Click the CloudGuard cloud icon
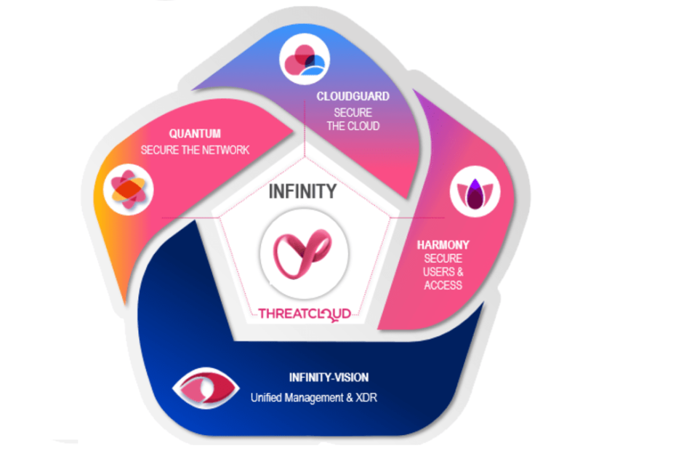pos(305,59)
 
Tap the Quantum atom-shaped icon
pos(129,189)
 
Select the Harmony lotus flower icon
pos(475,192)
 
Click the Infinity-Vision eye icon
pos(206,388)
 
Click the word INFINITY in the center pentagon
pos(302,191)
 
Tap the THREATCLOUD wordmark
pos(305,314)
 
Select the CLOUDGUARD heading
pos(353,96)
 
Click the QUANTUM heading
pos(195,134)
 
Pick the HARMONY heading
pos(443,245)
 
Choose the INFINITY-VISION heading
pos(329,378)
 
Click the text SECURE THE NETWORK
pos(195,150)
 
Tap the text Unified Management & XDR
pos(314,397)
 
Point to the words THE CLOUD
pos(353,126)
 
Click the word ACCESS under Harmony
pos(443,285)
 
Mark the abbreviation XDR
pos(366,397)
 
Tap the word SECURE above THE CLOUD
pos(353,113)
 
